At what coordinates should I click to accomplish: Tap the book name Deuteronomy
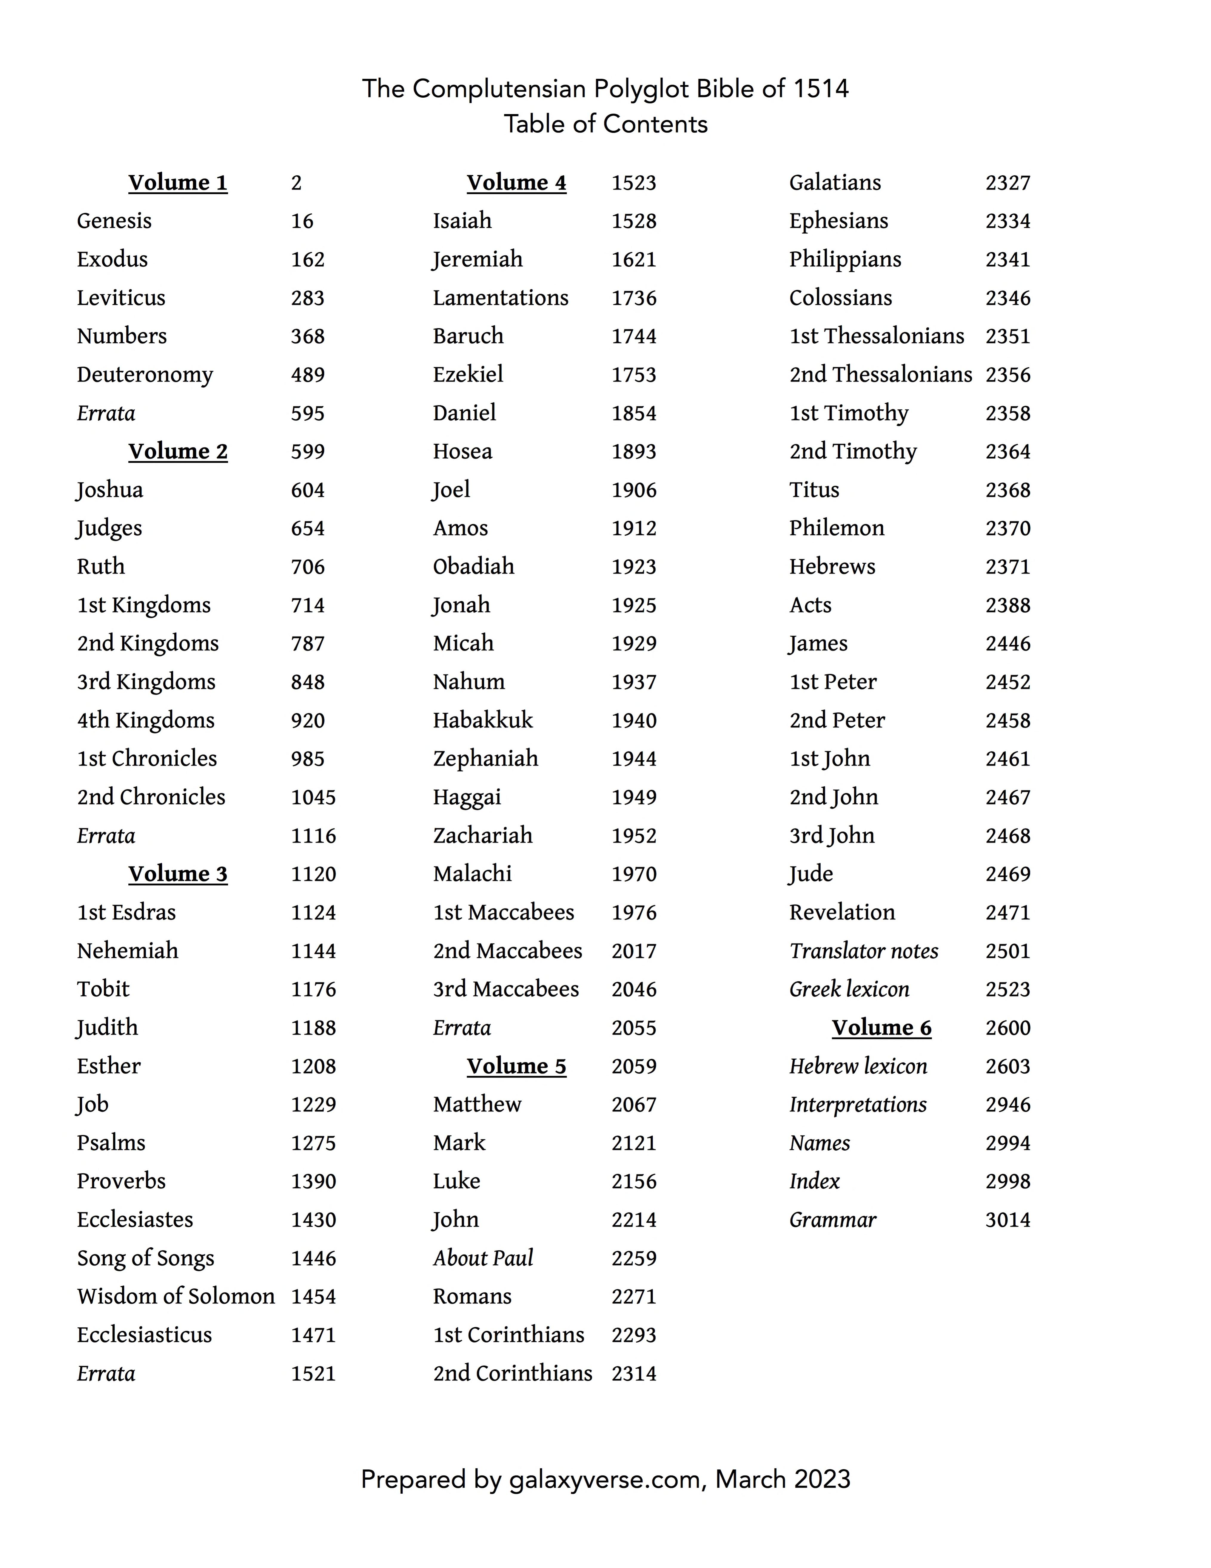145,375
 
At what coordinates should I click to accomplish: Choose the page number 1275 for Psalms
313,1143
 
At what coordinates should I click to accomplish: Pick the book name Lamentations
500,298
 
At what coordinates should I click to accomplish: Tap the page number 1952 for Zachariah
634,836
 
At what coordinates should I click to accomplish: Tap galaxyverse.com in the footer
604,1480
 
